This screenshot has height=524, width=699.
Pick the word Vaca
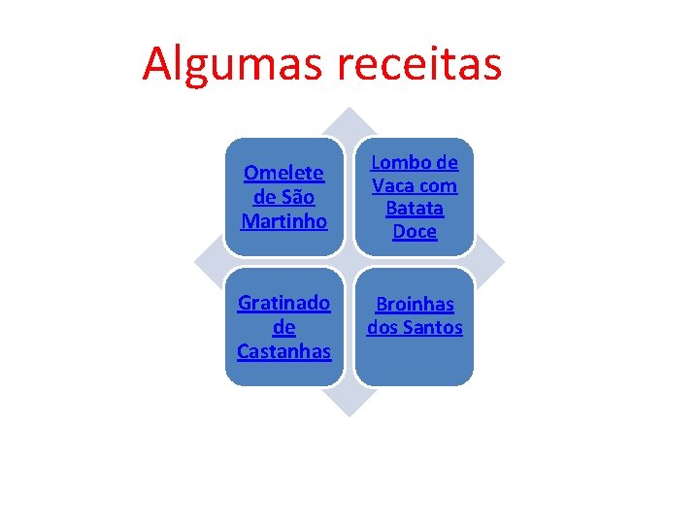(x=394, y=185)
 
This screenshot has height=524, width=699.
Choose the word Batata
(x=415, y=209)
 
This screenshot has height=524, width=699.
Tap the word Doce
(x=415, y=232)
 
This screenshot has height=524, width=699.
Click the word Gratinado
(x=284, y=303)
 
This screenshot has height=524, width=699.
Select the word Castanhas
(x=284, y=350)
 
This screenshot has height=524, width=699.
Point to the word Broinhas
(x=415, y=305)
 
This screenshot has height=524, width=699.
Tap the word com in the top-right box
(x=440, y=185)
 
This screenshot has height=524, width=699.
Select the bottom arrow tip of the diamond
(x=349, y=411)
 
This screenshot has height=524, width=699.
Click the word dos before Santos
(x=382, y=328)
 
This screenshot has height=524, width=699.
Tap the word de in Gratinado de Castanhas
(x=284, y=327)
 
